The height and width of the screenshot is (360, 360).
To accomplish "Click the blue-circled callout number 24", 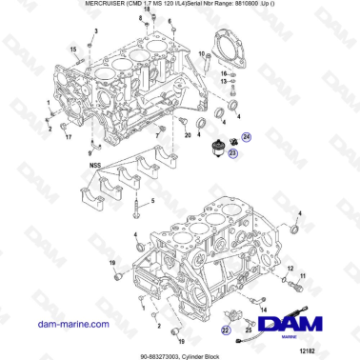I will (x=247, y=137).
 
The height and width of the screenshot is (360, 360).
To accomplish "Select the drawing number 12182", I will (x=331, y=350).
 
